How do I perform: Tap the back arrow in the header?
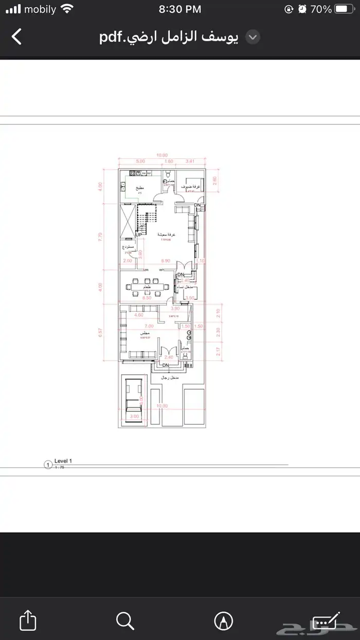click(x=17, y=37)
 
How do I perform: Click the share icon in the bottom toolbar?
click(x=28, y=620)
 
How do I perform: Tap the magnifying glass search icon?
click(x=125, y=620)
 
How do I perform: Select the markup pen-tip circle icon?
click(x=223, y=620)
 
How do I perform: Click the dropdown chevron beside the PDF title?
click(x=253, y=37)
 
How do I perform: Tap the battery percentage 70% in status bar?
click(x=321, y=9)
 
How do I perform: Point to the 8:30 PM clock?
click(x=179, y=9)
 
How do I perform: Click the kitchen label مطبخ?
click(x=139, y=188)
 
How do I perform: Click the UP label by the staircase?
click(x=139, y=235)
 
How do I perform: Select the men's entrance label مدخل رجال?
click(x=170, y=378)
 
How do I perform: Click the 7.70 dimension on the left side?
click(x=101, y=236)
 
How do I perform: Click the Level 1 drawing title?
click(x=64, y=461)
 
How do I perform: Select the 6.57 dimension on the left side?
click(x=101, y=333)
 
